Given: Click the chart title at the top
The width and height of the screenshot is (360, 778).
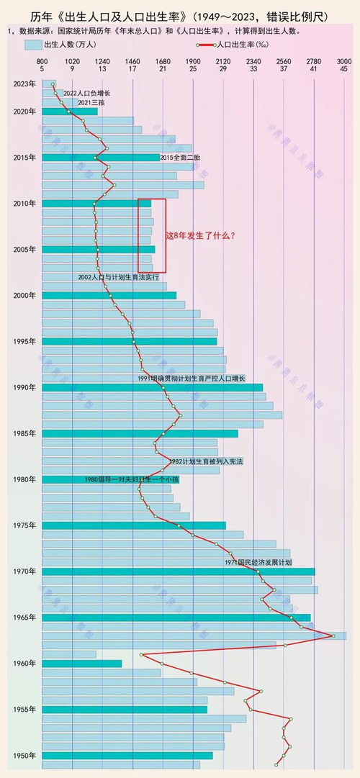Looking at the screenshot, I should tap(180, 16).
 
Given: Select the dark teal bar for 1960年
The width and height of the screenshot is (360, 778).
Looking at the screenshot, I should tap(81, 664).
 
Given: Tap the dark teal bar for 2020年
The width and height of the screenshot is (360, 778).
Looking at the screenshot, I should tap(69, 112).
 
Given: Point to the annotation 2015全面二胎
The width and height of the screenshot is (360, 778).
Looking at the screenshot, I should tap(180, 157).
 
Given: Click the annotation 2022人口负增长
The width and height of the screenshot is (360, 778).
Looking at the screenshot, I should tap(86, 94).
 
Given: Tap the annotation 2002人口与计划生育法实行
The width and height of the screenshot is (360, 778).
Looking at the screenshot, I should tap(119, 277).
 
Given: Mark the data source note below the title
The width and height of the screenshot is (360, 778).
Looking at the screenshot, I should tap(155, 32).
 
